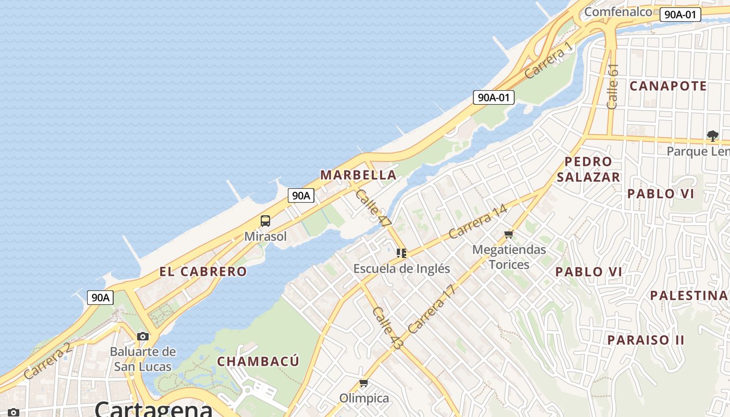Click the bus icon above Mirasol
coord(265,221)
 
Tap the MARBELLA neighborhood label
coord(358,175)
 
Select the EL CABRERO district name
coord(203,272)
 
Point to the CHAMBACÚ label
coord(258,361)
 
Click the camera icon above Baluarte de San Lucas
coord(142,336)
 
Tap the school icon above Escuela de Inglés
coord(401,253)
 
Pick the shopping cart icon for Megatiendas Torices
coord(509,235)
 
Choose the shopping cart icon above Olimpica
coord(364,383)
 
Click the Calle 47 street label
coord(373,208)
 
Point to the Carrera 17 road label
coord(432,309)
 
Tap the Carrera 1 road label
coord(549,60)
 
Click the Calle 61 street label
coord(613,86)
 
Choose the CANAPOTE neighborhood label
coord(668,86)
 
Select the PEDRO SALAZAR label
coord(588,169)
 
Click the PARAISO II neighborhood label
coord(646,340)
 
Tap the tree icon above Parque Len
coord(713,136)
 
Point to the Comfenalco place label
coord(618,11)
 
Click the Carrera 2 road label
coord(47,360)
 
